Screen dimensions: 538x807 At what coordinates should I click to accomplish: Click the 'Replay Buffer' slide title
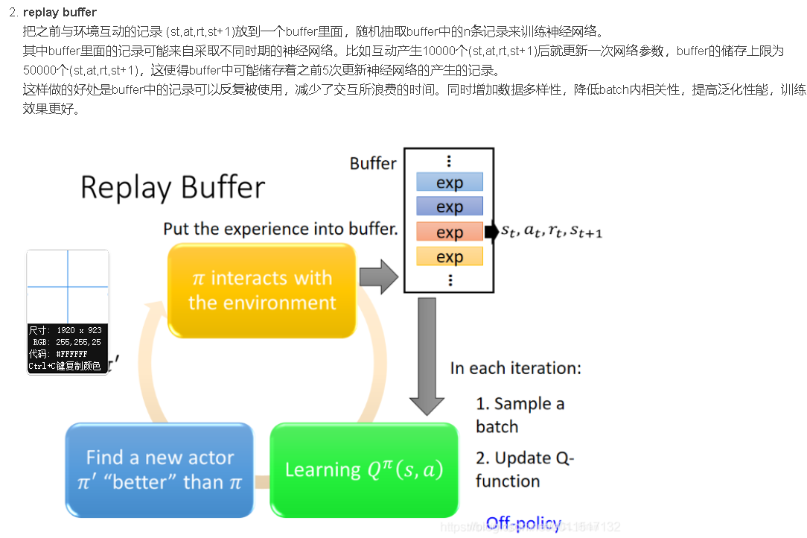[x=173, y=187]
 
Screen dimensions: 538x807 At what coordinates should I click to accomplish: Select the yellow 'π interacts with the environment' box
[x=262, y=291]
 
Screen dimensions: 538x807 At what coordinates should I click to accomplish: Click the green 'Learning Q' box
[x=363, y=470]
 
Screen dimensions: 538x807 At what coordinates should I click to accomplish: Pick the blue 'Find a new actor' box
[x=159, y=470]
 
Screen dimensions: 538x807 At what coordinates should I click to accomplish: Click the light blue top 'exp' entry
[x=449, y=183]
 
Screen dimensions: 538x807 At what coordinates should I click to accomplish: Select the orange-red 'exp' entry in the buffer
[x=449, y=232]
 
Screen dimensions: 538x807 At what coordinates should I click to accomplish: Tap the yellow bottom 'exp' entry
[x=449, y=257]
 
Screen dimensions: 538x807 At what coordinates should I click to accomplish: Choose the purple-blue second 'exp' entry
[x=449, y=206]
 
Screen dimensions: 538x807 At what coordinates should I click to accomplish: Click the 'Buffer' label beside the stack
[x=373, y=163]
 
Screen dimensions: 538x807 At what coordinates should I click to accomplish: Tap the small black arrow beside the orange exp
[x=491, y=232]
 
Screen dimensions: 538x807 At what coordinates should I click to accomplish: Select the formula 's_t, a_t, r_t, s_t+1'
[x=552, y=232]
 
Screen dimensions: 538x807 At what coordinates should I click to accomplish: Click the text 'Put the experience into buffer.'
[x=281, y=228]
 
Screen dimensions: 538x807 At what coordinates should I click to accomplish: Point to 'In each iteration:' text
[x=515, y=368]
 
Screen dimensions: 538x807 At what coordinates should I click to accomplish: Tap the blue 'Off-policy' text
[x=523, y=524]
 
